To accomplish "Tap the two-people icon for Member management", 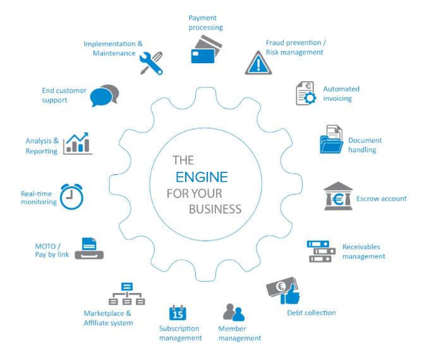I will pyautogui.click(x=233, y=313).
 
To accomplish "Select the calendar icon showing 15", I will pyautogui.click(x=178, y=313).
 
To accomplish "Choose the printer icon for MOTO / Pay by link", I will pyautogui.click(x=89, y=248).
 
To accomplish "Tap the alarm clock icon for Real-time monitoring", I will pyautogui.click(x=71, y=196).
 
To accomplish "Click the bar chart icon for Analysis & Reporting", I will pyautogui.click(x=78, y=143).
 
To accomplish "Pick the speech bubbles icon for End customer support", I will pyautogui.click(x=104, y=95).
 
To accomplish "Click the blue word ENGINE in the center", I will pyautogui.click(x=201, y=176).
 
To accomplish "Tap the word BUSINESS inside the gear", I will pyautogui.click(x=212, y=208).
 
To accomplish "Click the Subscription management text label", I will pyautogui.click(x=180, y=333).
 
